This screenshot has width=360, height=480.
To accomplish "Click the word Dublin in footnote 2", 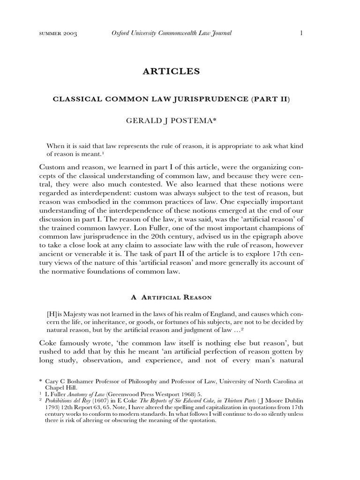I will tap(308, 401).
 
